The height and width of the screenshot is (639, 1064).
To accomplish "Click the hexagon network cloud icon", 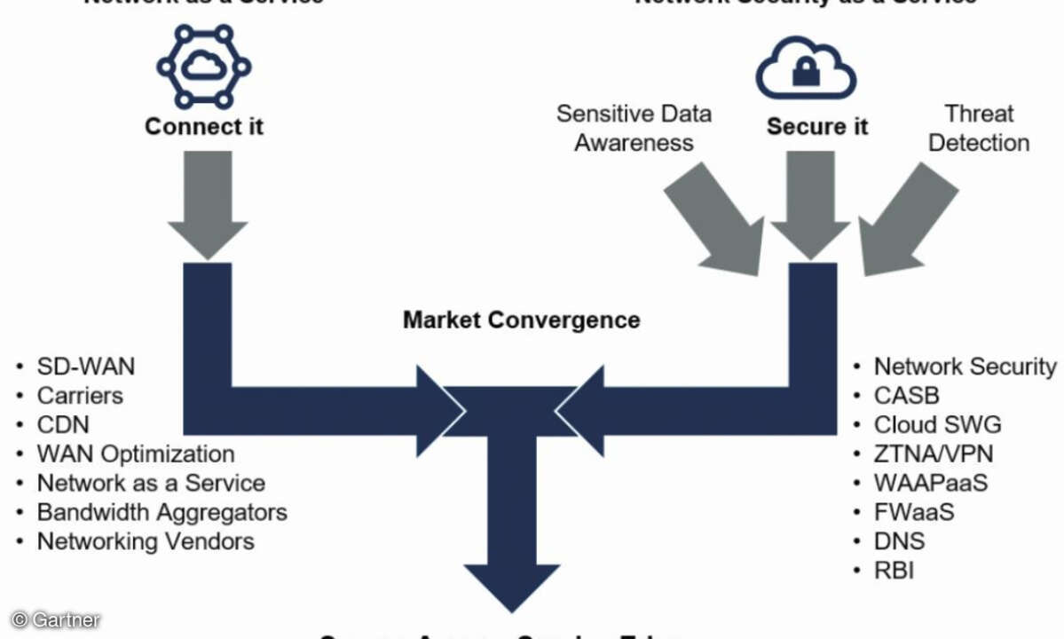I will click(x=203, y=66).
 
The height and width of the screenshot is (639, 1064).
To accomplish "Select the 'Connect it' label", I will click(x=204, y=126).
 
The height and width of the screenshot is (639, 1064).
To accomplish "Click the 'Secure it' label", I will click(x=817, y=127).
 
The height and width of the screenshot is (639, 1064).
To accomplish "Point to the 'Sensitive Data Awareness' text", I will click(x=634, y=128).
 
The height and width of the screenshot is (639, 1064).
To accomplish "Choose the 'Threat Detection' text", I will click(x=979, y=128).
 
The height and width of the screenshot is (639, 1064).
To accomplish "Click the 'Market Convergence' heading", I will click(x=521, y=319).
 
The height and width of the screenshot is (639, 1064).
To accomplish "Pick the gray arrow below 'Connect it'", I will click(x=207, y=204).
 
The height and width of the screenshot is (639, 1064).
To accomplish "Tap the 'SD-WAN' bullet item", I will click(x=85, y=367).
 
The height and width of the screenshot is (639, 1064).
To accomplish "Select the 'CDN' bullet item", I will click(x=63, y=424).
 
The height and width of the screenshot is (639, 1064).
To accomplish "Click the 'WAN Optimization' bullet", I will click(x=135, y=454).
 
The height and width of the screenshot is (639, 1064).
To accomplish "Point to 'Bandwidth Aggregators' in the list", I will click(x=162, y=511).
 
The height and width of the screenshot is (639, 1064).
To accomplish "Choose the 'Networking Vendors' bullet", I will click(x=146, y=540).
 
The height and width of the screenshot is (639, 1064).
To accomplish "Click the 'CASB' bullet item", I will click(x=906, y=395).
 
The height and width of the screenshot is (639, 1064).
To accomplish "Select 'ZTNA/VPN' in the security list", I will click(x=934, y=454).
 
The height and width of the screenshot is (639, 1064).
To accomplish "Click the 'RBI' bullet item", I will click(x=894, y=569).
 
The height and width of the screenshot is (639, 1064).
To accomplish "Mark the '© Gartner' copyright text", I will click(x=56, y=619).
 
